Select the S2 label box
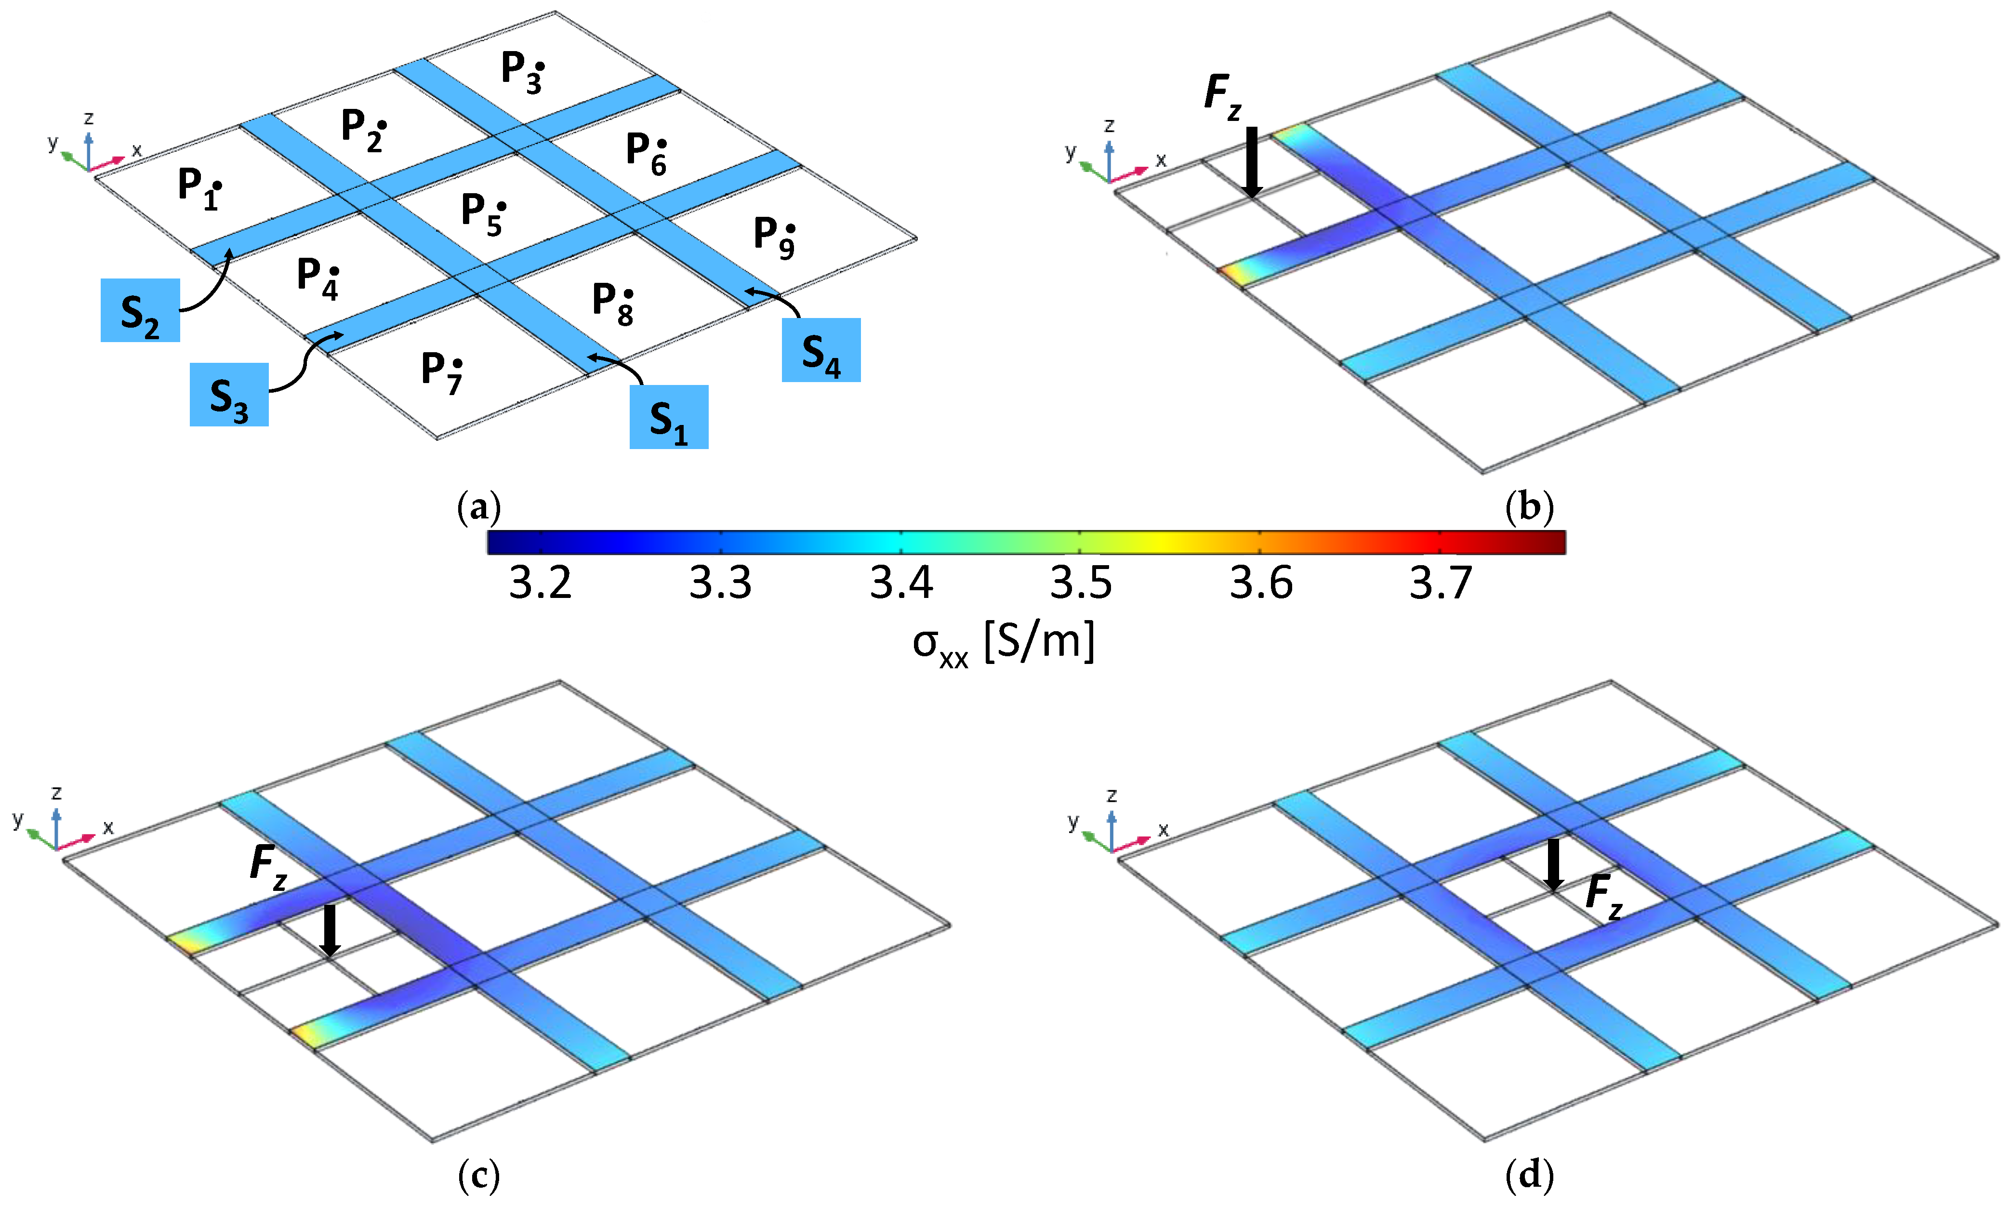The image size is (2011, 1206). click(140, 310)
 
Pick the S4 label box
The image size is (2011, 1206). click(820, 350)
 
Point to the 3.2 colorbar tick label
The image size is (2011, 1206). click(540, 583)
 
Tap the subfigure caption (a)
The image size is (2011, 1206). click(478, 508)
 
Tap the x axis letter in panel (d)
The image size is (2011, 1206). click(1164, 830)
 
